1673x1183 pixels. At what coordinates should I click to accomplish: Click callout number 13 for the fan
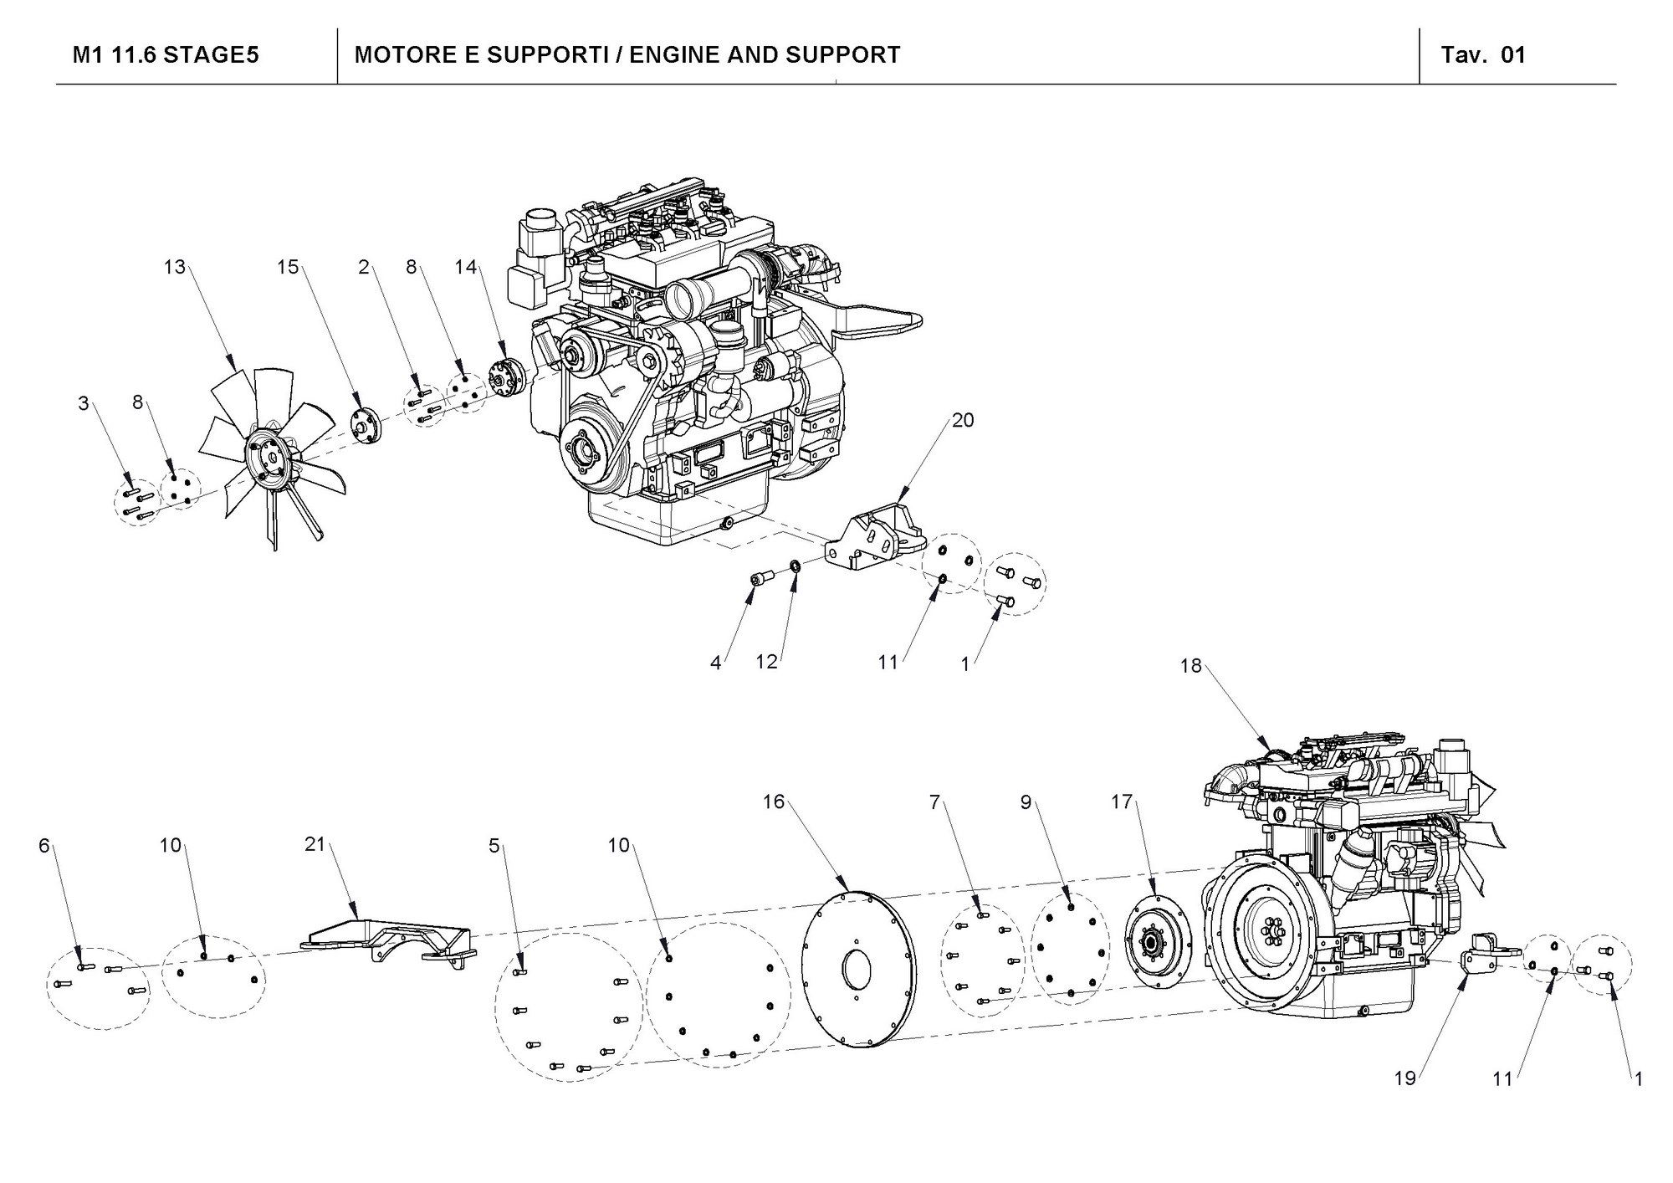174,268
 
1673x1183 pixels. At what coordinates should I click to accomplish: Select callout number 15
288,268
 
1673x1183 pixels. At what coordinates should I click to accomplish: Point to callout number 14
465,268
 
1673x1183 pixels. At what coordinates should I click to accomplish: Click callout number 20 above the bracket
963,420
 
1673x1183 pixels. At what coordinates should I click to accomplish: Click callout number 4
715,663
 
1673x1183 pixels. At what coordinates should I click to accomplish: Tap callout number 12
766,662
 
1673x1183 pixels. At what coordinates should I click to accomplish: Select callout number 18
1190,666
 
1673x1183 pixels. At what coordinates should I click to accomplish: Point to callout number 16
774,802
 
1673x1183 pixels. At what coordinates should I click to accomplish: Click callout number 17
1121,802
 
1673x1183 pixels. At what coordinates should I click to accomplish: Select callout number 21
315,845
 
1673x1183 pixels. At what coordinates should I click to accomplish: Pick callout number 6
44,846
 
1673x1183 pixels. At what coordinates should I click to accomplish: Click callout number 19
1404,1078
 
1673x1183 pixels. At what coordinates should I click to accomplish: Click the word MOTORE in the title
391,55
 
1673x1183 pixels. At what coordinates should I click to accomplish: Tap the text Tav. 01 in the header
1483,55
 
